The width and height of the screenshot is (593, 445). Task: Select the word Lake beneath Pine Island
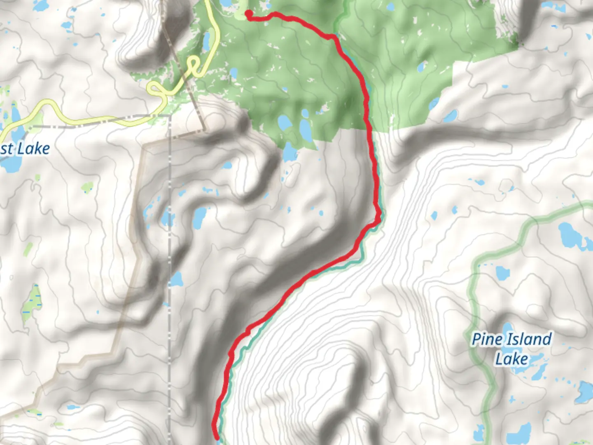[511, 359]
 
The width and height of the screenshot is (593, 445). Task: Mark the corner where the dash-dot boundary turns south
[169, 117]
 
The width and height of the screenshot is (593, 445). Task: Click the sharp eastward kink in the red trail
[378, 220]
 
